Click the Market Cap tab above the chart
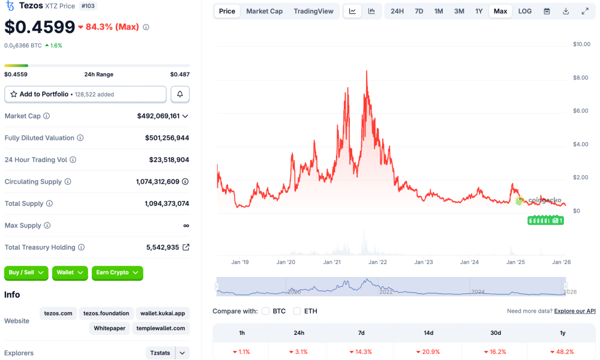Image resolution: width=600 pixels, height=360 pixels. pos(264,11)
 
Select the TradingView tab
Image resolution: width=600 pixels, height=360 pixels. pos(313,11)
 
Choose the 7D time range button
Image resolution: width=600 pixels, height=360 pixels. pos(419,11)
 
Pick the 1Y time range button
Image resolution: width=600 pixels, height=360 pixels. pos(479,11)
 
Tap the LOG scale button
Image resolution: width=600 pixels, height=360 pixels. pos(524,11)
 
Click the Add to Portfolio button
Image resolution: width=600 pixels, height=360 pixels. pos(85,94)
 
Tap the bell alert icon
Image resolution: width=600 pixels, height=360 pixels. pos(180,94)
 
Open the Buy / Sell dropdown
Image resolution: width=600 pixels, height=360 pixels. pos(26,272)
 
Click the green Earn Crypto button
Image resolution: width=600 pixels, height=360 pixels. pos(117,272)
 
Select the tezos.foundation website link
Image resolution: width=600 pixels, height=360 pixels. pos(106,313)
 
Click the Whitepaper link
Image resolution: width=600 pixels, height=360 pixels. pos(110,328)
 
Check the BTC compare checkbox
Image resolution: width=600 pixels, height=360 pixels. pos(265,311)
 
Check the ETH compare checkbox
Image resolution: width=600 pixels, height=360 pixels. pos(297,311)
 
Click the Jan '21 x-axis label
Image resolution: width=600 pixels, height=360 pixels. pos(332,262)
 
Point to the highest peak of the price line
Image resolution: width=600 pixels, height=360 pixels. pos(367,71)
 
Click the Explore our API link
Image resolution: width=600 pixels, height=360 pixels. pos(575,311)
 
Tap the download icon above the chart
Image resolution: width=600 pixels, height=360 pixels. pos(566,11)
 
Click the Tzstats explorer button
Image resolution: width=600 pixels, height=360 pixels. pos(160,353)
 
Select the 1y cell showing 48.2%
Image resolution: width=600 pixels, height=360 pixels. pos(562,352)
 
